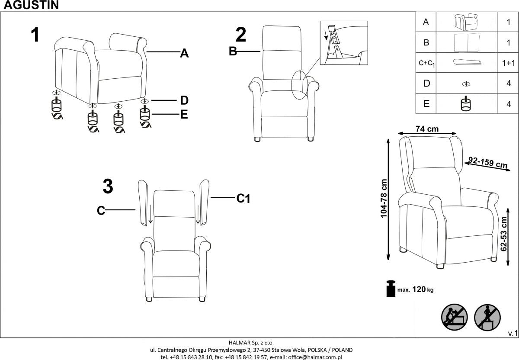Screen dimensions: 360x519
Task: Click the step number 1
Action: [x=35, y=35]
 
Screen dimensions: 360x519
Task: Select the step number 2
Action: [x=241, y=35]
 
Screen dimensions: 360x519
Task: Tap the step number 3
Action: [x=108, y=187]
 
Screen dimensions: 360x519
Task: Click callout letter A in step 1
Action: [x=184, y=54]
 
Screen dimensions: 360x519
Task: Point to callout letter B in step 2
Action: [x=233, y=51]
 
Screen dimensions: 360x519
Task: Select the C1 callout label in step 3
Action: [x=243, y=199]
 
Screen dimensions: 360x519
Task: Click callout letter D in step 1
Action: [x=184, y=101]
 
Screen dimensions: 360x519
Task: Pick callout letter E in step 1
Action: [x=184, y=115]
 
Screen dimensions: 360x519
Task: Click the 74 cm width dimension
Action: [x=427, y=129]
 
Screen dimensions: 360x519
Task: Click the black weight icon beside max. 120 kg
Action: [x=391, y=289]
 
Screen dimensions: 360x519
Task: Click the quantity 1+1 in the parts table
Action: [x=509, y=63]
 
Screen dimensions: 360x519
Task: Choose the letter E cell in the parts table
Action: [x=426, y=104]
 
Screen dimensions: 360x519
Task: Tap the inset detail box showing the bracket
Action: [x=343, y=42]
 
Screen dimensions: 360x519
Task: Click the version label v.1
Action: [x=513, y=333]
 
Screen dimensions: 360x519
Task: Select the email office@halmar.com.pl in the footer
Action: [x=314, y=357]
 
